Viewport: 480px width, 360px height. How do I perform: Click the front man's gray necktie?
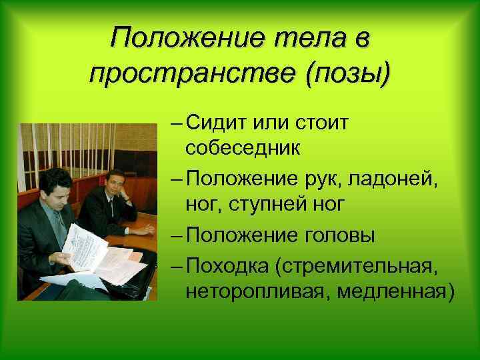click(59, 227)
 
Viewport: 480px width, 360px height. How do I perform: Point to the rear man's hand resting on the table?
click(143, 230)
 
